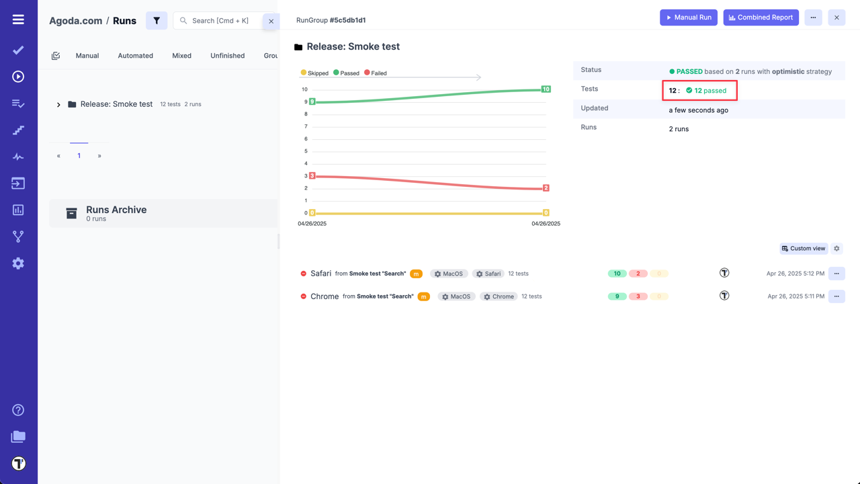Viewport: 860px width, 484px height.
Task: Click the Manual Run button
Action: (x=689, y=17)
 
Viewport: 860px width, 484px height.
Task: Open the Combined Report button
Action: (x=761, y=17)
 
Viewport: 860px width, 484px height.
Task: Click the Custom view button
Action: (x=804, y=249)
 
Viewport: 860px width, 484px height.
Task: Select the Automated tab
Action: (x=136, y=56)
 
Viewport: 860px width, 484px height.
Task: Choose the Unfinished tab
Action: (x=227, y=56)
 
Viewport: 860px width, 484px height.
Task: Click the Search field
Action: (x=222, y=21)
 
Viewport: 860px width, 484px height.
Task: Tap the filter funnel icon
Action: (x=157, y=21)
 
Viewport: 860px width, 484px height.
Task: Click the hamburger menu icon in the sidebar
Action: (x=18, y=19)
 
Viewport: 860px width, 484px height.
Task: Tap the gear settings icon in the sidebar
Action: (x=18, y=264)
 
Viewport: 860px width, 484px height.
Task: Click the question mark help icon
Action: (x=18, y=410)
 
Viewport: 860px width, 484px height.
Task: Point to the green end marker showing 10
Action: (x=546, y=89)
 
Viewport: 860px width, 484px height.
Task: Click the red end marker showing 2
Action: (x=546, y=188)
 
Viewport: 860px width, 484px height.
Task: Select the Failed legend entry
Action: (x=376, y=73)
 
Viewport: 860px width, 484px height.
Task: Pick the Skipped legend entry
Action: (x=314, y=73)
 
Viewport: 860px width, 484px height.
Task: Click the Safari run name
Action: (x=320, y=274)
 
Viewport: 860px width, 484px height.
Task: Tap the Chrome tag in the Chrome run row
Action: (x=499, y=296)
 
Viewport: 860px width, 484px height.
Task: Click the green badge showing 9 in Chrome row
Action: (x=617, y=296)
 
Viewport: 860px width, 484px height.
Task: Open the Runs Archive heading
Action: (x=116, y=210)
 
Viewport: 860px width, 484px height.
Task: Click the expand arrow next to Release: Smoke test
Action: (x=58, y=105)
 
